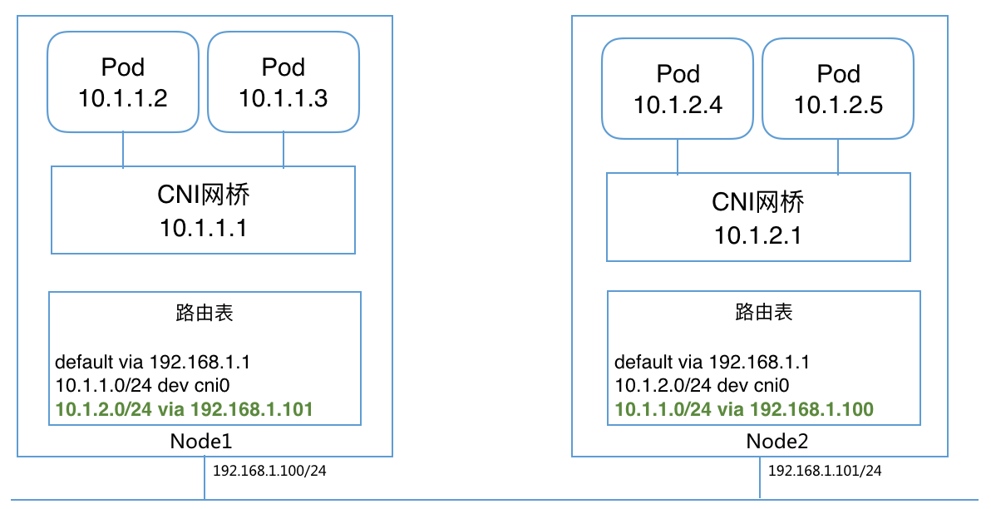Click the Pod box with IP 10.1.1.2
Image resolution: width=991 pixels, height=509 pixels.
coord(123,82)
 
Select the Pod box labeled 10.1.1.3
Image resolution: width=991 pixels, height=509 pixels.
coord(283,82)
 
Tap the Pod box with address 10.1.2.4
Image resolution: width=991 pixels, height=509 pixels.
coord(678,88)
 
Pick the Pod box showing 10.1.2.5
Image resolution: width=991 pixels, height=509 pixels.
coord(838,88)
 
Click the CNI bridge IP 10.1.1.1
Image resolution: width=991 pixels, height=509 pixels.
coord(203,228)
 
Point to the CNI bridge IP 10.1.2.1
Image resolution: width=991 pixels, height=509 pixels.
coord(757,235)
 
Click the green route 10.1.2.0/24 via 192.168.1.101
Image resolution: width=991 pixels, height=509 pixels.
coord(184,409)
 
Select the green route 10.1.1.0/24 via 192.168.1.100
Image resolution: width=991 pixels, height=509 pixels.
coord(743,409)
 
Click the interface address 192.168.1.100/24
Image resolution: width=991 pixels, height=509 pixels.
coord(269,471)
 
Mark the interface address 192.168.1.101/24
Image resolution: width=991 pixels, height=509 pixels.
coord(824,471)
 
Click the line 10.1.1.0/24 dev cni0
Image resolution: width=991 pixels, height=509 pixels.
coord(142,386)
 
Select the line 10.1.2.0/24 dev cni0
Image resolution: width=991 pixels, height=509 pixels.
coord(702,386)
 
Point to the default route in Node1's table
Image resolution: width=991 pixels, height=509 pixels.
coord(152,363)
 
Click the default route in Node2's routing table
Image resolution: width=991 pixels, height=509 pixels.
coord(712,363)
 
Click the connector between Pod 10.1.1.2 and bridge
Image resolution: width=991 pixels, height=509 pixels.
coord(123,150)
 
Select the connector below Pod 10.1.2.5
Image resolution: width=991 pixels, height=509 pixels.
coord(837,156)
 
